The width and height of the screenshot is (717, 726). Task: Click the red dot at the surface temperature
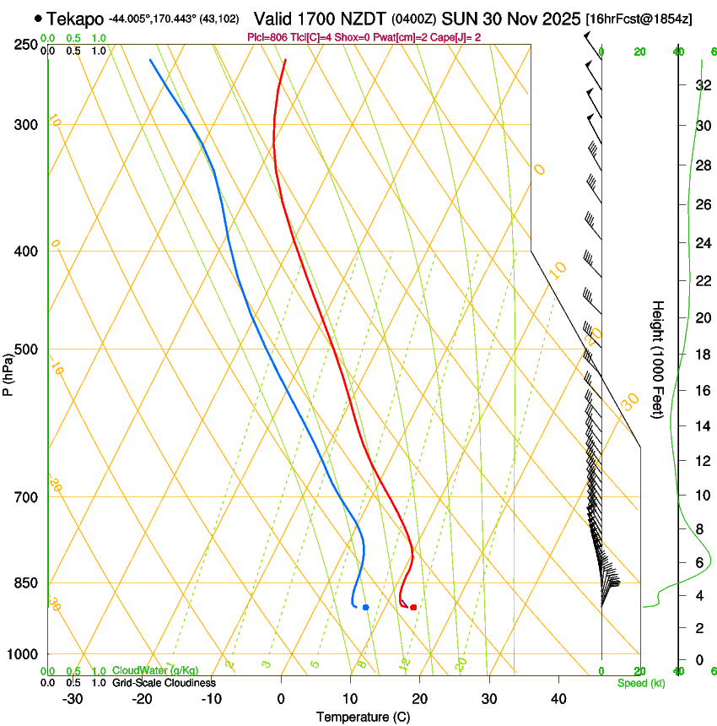click(x=413, y=607)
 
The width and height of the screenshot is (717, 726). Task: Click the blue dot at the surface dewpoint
click(x=365, y=607)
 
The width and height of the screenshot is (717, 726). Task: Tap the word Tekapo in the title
click(x=74, y=19)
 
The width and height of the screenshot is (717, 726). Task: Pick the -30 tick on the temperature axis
click(x=73, y=699)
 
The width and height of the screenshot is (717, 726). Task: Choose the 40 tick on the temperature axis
click(x=558, y=699)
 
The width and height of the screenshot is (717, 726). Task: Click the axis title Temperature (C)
click(x=363, y=717)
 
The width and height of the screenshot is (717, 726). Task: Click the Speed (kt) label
click(x=641, y=683)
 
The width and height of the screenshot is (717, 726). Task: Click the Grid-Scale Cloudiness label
click(x=164, y=683)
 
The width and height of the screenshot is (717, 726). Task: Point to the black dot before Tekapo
click(x=38, y=18)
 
